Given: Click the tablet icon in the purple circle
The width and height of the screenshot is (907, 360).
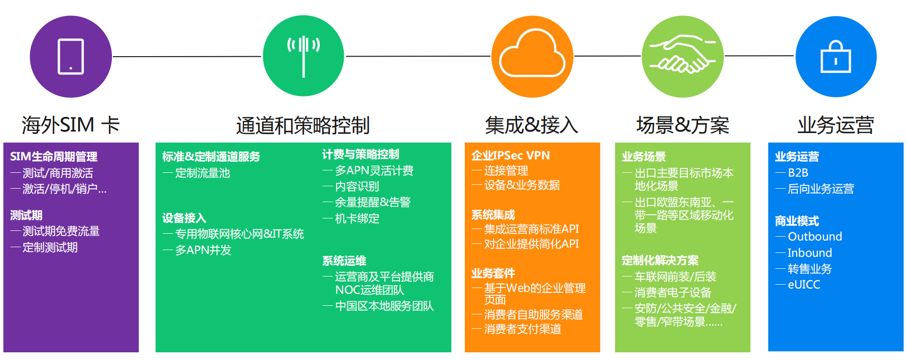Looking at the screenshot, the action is point(71,57).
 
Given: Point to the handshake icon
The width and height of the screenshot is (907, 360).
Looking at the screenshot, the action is point(682,54).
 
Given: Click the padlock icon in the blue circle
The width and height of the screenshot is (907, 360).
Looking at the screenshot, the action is point(836,57).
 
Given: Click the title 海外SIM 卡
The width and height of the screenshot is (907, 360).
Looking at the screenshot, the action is point(71,125).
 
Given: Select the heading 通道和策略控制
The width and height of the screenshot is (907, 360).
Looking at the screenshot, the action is point(303,125).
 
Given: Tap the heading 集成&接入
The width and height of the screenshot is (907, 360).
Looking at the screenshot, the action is point(532,125).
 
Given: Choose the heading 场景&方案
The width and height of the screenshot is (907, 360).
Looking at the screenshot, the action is point(682,125).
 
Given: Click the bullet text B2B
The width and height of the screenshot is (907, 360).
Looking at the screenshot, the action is point(798,173).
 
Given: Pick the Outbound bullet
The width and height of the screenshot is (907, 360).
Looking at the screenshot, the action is point(815,237).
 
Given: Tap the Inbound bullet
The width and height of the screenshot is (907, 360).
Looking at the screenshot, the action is point(810,253).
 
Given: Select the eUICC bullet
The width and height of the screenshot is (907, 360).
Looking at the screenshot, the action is point(804,285).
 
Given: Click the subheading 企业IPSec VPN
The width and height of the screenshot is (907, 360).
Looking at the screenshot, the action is point(510,156).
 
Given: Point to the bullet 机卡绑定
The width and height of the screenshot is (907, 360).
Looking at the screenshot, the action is point(357,219).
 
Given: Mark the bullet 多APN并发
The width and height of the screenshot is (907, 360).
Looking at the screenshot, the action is point(203,250).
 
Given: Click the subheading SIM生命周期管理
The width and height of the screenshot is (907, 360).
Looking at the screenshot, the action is point(54,156).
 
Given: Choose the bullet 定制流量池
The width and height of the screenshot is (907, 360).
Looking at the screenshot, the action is point(203,173).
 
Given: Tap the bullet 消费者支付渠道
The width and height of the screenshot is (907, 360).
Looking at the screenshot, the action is point(522,329).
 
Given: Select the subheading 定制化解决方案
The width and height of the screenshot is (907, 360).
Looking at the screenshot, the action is point(660,260).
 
